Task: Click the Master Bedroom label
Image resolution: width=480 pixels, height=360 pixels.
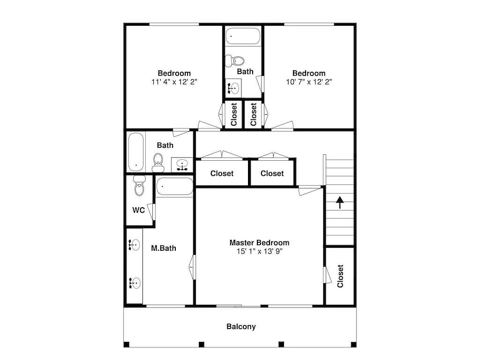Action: (259, 243)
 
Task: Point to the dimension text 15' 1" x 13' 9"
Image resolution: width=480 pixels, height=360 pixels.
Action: (259, 251)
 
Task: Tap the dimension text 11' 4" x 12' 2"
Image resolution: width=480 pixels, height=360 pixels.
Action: (174, 82)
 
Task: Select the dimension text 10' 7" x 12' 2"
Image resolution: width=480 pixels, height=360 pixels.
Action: (308, 82)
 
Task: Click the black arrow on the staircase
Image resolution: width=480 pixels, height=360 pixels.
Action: (339, 202)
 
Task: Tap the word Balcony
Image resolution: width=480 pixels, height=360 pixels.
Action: (241, 327)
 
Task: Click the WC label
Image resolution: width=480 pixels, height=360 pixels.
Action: (138, 210)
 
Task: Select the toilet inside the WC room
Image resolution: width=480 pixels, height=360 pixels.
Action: (139, 186)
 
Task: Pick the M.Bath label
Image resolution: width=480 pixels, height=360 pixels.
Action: (164, 248)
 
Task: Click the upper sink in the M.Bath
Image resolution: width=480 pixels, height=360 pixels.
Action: (135, 244)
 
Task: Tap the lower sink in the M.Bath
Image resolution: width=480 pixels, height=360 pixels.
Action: (135, 282)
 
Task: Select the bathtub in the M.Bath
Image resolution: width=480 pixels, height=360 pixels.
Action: (174, 187)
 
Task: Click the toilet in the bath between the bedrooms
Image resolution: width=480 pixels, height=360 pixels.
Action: (236, 61)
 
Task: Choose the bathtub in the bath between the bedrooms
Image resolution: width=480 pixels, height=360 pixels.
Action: (243, 36)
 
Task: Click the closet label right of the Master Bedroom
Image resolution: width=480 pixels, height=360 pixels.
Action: (340, 276)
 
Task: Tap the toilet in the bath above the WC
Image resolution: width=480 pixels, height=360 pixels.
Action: (158, 162)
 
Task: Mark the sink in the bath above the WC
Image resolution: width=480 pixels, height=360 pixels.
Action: (182, 164)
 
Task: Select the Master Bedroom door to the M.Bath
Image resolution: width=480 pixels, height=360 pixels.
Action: (192, 267)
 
